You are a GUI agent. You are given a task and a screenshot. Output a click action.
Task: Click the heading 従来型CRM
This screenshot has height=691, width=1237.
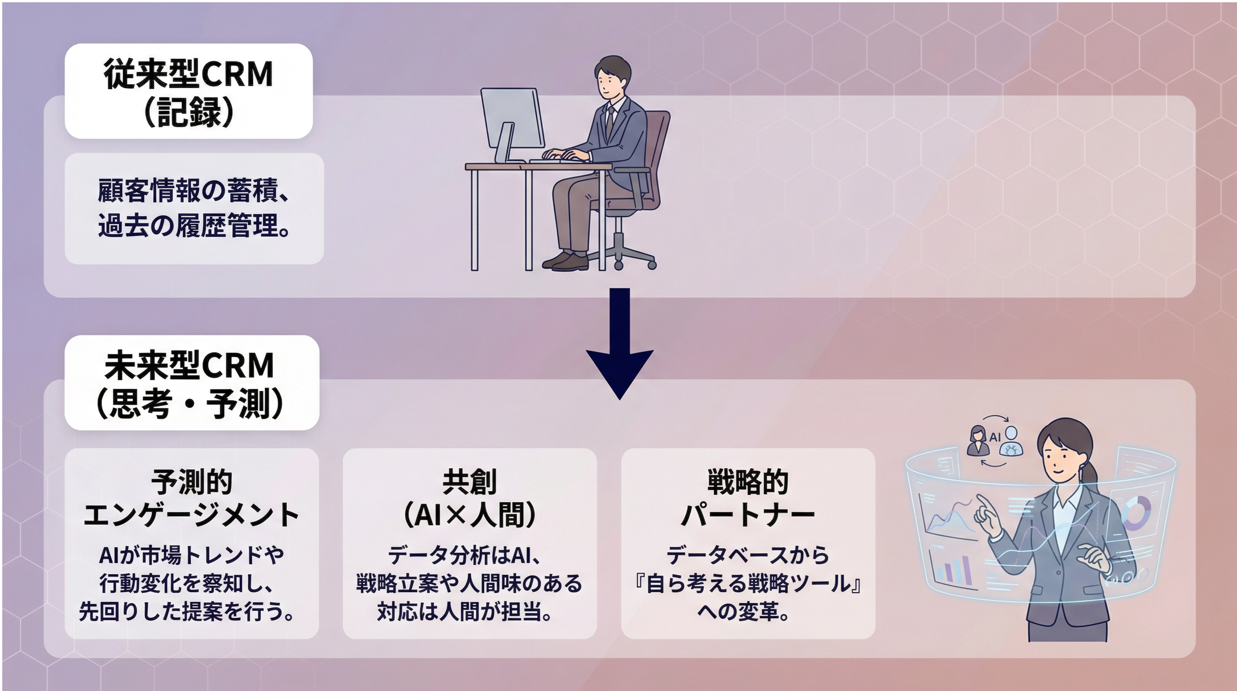[x=188, y=74]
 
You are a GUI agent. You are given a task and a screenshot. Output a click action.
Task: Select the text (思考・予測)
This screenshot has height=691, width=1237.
[x=189, y=403]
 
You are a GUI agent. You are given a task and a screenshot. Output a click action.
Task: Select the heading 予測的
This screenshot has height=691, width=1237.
[x=192, y=481]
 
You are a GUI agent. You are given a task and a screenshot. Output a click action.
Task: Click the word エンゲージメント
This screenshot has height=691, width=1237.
[x=192, y=515]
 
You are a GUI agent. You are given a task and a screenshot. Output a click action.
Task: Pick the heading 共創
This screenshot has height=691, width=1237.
[x=469, y=481]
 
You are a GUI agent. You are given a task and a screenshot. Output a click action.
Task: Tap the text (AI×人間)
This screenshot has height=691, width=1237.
[x=469, y=515]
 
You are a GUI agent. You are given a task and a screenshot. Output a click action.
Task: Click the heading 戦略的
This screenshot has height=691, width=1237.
[x=748, y=481]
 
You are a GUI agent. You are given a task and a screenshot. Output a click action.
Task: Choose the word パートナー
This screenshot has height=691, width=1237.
[x=748, y=515]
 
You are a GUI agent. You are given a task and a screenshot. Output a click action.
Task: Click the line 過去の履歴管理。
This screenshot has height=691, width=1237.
[x=194, y=225]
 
